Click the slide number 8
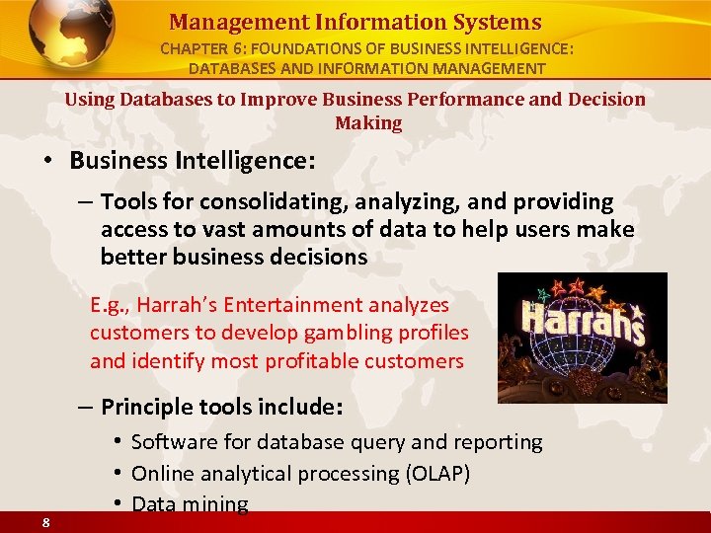(46, 523)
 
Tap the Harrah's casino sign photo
(582, 338)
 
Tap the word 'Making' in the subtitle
(368, 123)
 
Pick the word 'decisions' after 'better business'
(318, 258)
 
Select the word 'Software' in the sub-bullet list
(171, 442)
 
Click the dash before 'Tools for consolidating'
(85, 202)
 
